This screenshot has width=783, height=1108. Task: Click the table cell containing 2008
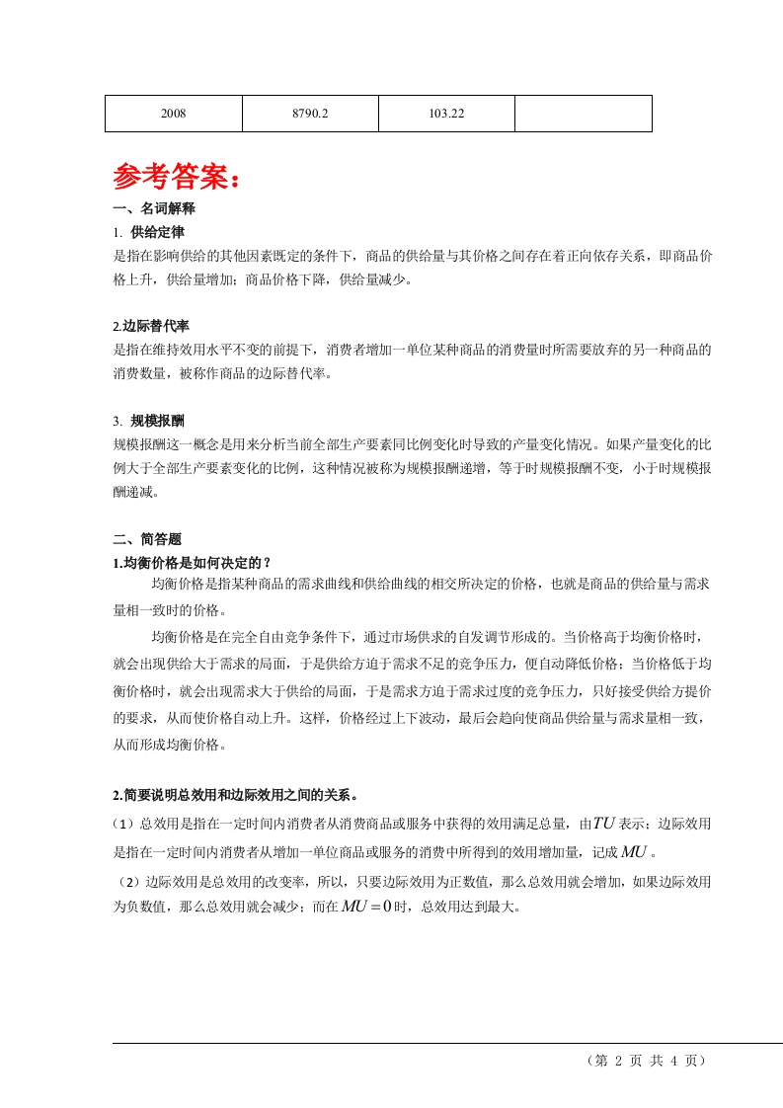(174, 114)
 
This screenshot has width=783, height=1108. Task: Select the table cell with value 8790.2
(310, 114)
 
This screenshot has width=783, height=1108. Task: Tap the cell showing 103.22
(446, 114)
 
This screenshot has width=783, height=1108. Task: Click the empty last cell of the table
(583, 114)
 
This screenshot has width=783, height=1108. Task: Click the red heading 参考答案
(176, 178)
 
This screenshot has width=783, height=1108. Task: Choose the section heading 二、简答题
(148, 539)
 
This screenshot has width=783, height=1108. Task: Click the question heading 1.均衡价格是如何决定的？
(192, 563)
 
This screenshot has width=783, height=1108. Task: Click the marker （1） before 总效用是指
(127, 823)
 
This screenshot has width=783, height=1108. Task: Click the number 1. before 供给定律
(118, 232)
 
